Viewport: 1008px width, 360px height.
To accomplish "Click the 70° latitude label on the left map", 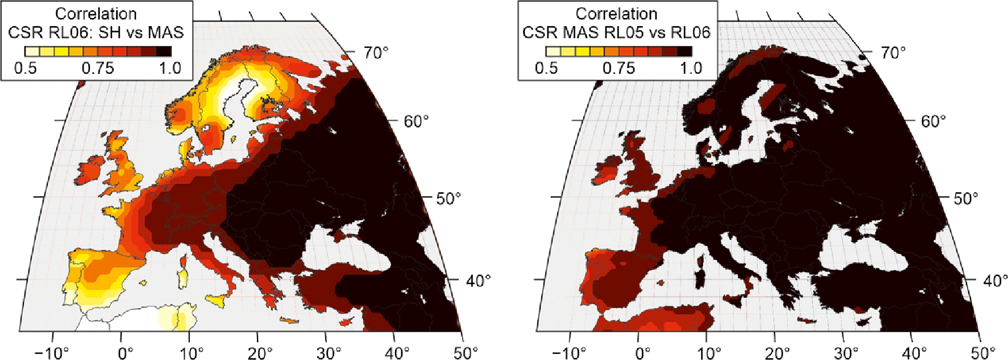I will pos(376,53).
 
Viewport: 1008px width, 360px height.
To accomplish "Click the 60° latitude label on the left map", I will pos(416,121).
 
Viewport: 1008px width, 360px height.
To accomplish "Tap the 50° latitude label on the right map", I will pos(965,198).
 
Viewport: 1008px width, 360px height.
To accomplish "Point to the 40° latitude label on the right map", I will pos(995,280).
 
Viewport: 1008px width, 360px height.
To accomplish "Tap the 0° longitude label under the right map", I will pos(642,353).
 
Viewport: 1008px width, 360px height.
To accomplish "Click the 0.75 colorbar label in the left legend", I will pos(98,68).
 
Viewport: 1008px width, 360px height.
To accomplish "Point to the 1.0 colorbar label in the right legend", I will pos(691,68).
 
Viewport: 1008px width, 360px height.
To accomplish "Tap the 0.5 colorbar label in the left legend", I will pos(25,68).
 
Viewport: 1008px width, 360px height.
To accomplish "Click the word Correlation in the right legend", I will pos(616,14).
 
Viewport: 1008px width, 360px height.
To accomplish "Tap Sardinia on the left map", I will pos(182,278).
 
